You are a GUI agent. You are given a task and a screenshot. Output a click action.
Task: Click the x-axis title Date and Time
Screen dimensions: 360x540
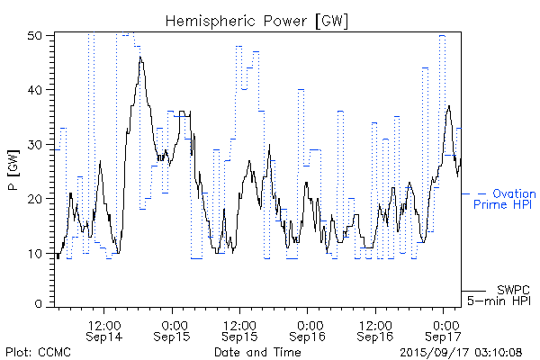(x=257, y=352)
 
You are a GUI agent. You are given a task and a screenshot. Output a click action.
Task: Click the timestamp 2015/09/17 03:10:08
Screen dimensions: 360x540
(x=461, y=352)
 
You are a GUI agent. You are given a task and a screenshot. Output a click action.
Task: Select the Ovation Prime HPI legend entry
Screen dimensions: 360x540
(x=504, y=199)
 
